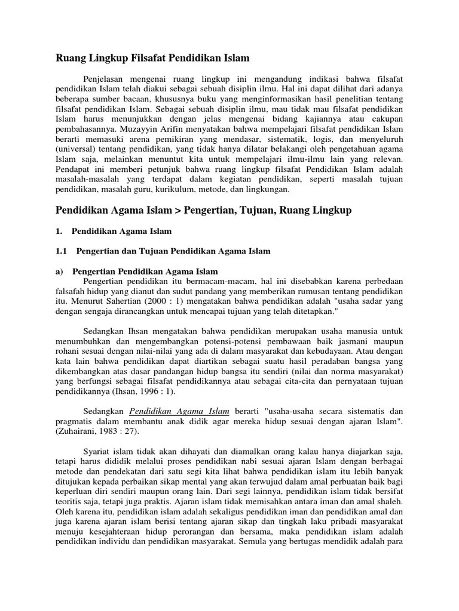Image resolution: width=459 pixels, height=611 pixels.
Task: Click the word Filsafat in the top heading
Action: pos(139,58)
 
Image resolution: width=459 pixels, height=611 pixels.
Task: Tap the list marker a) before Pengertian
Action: pos(60,271)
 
